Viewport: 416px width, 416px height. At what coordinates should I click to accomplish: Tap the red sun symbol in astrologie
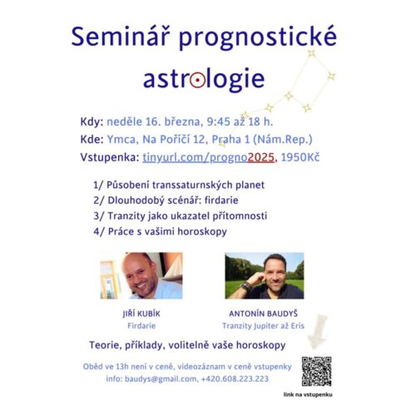(198, 80)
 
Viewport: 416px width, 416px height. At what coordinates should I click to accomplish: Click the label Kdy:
(92, 121)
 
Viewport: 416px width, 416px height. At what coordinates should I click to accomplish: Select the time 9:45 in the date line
(219, 121)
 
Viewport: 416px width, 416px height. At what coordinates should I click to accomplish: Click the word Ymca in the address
(121, 140)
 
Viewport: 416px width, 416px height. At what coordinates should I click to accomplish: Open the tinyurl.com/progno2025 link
(209, 157)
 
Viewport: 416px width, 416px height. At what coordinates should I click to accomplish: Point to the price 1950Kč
(300, 157)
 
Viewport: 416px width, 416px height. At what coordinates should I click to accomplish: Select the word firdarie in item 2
(221, 200)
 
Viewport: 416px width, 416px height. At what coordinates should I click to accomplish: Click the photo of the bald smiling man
(141, 275)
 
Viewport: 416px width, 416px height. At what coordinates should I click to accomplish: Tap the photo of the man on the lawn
(265, 275)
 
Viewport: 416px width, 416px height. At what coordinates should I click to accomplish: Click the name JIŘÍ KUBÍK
(141, 314)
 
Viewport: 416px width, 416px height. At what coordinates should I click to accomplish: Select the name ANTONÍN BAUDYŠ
(263, 314)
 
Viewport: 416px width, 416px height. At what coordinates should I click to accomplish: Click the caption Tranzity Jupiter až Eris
(263, 325)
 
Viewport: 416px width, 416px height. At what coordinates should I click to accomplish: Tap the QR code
(317, 371)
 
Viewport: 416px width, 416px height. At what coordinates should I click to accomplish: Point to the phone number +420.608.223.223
(235, 379)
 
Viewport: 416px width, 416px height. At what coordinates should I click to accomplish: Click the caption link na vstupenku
(308, 394)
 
